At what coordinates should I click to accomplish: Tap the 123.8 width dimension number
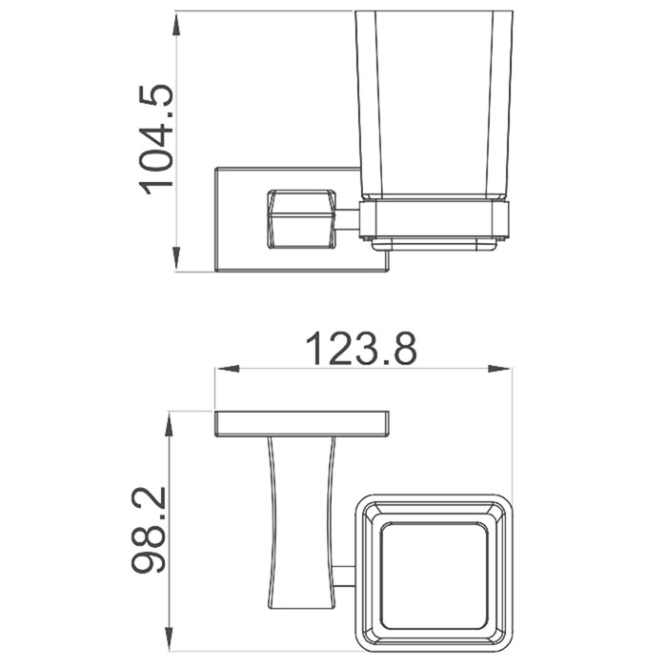[x=361, y=349]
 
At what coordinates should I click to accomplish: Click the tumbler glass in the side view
[x=433, y=105]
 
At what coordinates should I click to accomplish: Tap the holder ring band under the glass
[x=435, y=220]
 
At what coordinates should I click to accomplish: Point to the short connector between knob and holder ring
[x=350, y=219]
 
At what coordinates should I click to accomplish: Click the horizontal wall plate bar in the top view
[x=301, y=424]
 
